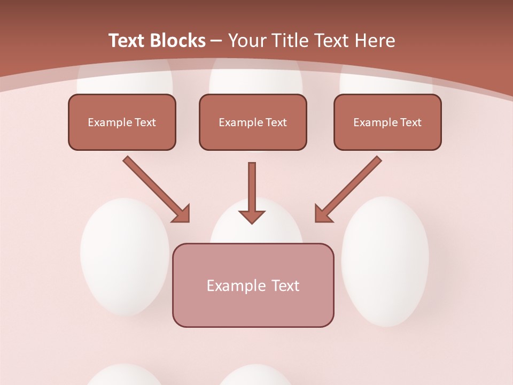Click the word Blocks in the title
click(x=177, y=41)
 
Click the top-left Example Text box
click(x=122, y=122)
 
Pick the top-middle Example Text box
click(x=253, y=122)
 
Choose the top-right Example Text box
click(x=387, y=122)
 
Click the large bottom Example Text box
click(x=253, y=285)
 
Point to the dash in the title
click(x=216, y=41)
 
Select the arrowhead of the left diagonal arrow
click(x=182, y=214)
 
